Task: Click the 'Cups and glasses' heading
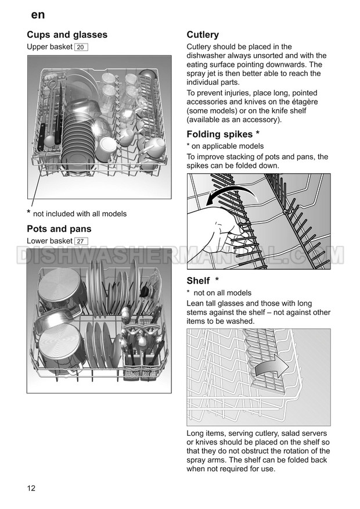[67, 35]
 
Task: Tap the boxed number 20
[81, 47]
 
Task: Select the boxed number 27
[81, 241]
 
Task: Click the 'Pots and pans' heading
[59, 229]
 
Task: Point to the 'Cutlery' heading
[203, 35]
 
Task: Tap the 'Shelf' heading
[198, 281]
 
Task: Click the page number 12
[31, 488]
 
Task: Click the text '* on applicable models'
[225, 146]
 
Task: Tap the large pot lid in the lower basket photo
[58, 349]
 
